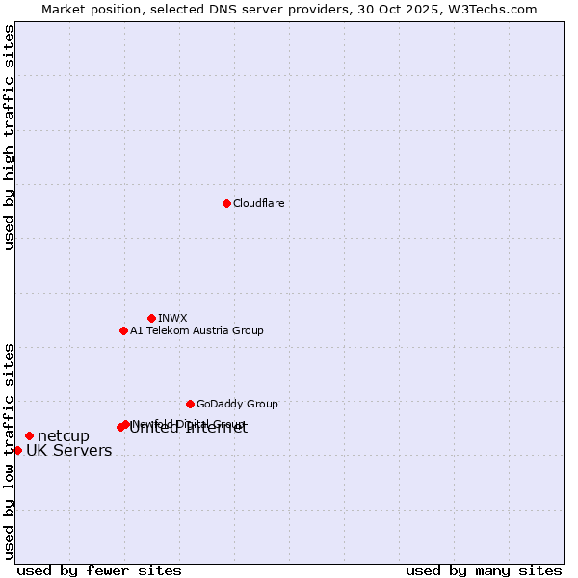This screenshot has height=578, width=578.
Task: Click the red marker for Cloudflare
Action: (x=226, y=203)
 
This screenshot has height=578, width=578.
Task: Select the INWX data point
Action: (x=151, y=318)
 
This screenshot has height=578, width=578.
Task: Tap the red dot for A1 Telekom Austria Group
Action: (x=123, y=330)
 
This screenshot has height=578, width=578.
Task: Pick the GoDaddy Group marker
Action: (x=190, y=404)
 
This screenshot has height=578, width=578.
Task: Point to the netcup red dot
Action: (x=29, y=435)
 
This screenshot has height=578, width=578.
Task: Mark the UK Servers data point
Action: (x=17, y=450)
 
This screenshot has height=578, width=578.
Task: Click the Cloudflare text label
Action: (x=259, y=203)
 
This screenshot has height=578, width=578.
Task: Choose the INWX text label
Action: (x=172, y=318)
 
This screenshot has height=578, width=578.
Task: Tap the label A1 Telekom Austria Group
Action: (x=197, y=330)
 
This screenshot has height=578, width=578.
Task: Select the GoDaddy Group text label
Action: (x=237, y=404)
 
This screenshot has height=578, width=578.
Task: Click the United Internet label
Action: (x=189, y=429)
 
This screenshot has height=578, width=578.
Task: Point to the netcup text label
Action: (x=64, y=436)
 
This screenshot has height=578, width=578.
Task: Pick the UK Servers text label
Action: (x=68, y=451)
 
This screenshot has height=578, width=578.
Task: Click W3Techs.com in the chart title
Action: (x=489, y=9)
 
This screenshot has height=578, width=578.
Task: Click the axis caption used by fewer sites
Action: (x=99, y=570)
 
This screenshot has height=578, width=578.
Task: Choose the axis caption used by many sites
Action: (x=484, y=570)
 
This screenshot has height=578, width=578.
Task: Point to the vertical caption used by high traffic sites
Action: (x=9, y=137)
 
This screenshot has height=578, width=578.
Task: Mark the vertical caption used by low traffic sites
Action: (x=9, y=451)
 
